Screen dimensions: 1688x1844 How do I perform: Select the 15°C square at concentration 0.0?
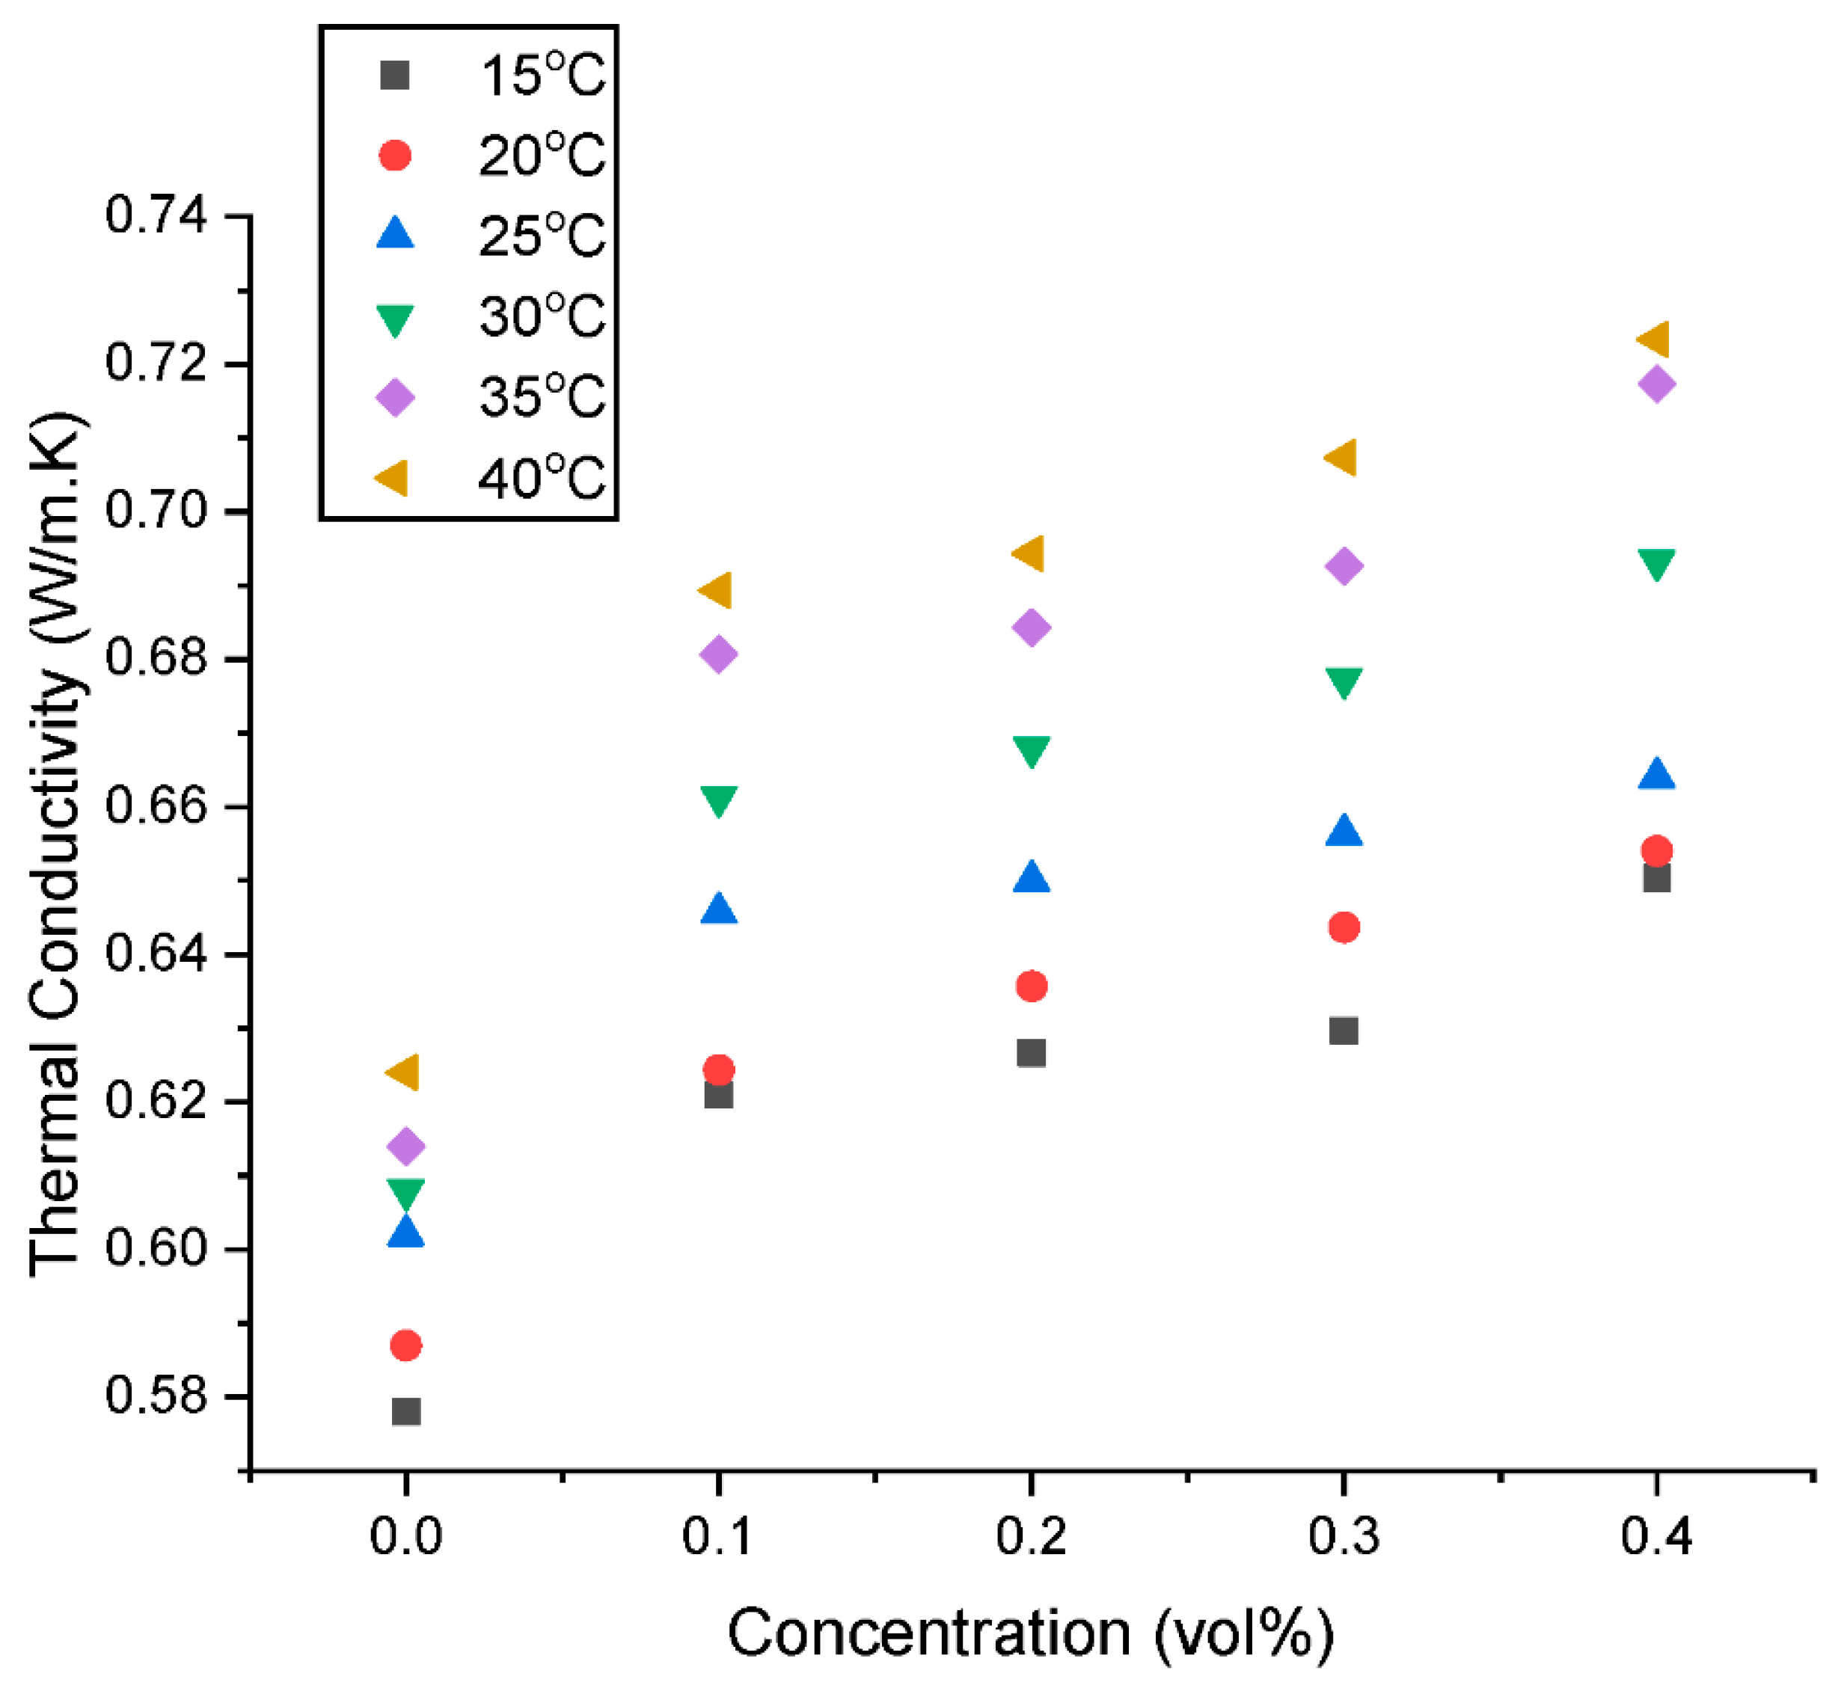[406, 1411]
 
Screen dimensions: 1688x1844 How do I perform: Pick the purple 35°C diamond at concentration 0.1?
[719, 654]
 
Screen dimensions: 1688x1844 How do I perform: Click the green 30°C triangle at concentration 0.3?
[1343, 681]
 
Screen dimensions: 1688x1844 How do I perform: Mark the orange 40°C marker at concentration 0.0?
[404, 1072]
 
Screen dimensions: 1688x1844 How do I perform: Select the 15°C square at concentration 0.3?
[1343, 1031]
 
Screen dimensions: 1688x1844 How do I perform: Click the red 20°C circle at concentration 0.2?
[1032, 986]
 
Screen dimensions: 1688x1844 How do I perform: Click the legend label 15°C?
[542, 75]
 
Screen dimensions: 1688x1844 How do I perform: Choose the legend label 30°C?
[542, 316]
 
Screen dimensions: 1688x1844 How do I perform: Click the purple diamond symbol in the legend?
[395, 398]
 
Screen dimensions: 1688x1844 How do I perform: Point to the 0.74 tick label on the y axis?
[156, 217]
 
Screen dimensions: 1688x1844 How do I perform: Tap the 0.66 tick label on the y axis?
[156, 806]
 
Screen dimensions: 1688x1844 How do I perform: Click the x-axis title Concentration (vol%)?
[1031, 1633]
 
